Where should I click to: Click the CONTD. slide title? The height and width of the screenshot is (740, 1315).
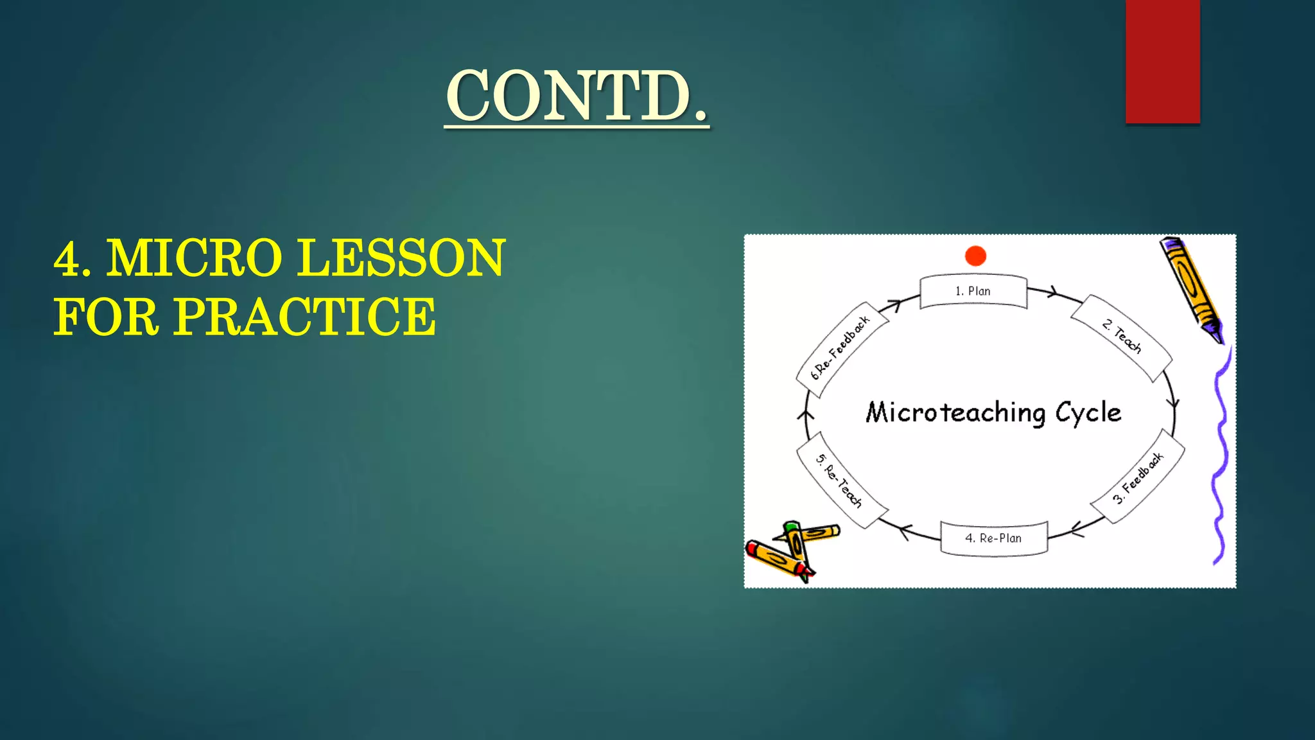[x=577, y=96]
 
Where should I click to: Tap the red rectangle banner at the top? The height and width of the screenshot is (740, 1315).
[x=1162, y=62]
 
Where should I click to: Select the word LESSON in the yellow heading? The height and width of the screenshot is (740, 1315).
[x=402, y=258]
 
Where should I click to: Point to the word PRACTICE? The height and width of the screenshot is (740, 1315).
[x=305, y=317]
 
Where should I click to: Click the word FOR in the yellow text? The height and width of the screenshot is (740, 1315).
[x=106, y=317]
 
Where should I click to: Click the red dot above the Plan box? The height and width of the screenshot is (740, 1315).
[x=975, y=256]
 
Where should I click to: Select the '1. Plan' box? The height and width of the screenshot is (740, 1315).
[x=973, y=292]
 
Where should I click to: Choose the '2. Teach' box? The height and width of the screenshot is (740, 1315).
[x=1122, y=337]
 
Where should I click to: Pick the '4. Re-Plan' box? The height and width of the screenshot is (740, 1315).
[x=993, y=538]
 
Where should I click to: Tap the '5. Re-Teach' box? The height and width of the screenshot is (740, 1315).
[x=840, y=480]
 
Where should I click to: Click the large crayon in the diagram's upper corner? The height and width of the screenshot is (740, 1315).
[x=1191, y=289]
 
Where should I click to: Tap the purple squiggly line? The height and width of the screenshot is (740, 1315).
[x=1220, y=456]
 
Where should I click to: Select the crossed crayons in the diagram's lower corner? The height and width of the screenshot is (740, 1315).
[x=791, y=550]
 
